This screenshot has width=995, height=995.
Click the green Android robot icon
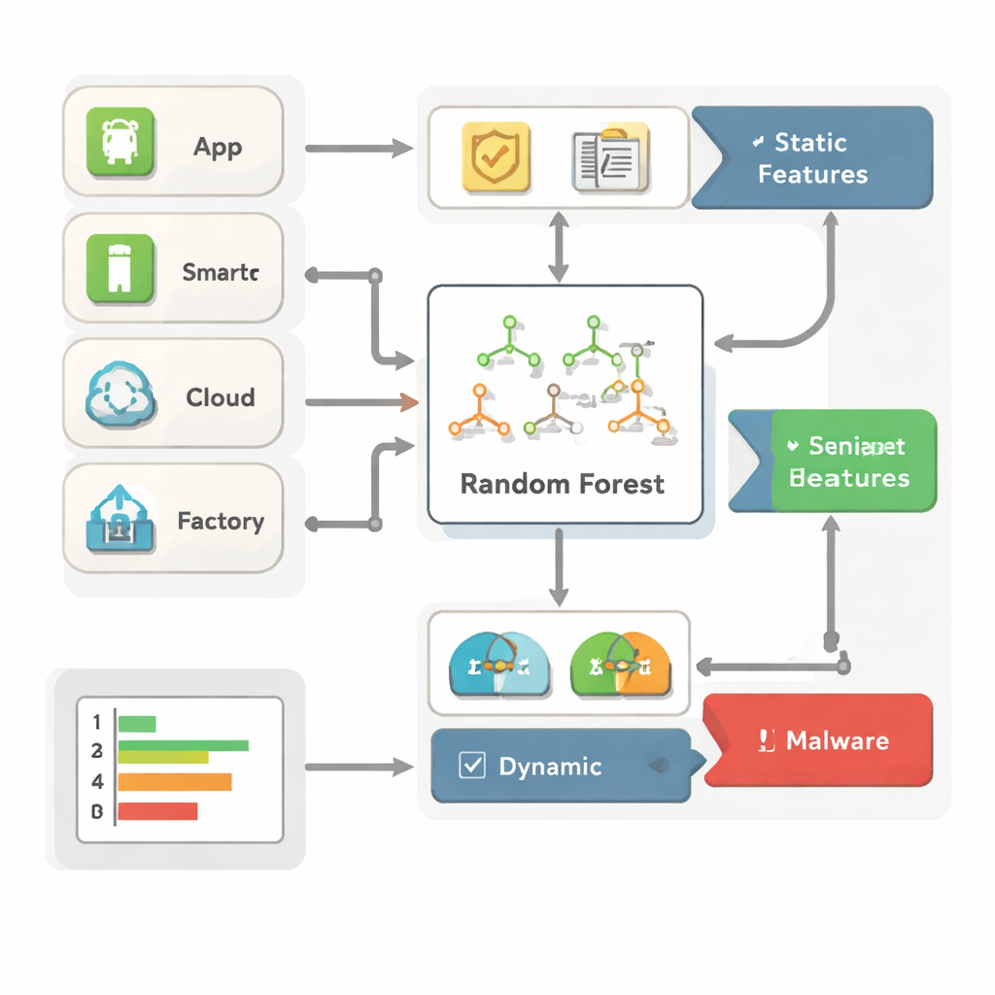[x=121, y=143]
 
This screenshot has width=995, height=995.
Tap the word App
[x=218, y=148]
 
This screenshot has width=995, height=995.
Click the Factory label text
[x=221, y=522]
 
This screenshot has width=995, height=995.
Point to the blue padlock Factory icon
[x=120, y=521]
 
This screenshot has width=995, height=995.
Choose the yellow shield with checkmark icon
[x=496, y=155]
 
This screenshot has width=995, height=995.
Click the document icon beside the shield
[x=609, y=156]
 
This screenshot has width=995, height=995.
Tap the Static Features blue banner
[x=812, y=158]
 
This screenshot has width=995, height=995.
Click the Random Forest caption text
[x=563, y=483]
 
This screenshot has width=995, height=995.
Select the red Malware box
[x=818, y=740]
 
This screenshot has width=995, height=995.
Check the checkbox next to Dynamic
[x=471, y=766]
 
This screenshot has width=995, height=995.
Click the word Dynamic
[x=550, y=767]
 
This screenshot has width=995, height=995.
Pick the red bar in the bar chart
[x=157, y=810]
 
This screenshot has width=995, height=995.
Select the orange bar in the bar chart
[x=175, y=781]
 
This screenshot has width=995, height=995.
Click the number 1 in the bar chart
[x=97, y=722]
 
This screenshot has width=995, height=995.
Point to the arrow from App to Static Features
[x=359, y=149]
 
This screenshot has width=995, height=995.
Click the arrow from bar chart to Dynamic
[x=359, y=768]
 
